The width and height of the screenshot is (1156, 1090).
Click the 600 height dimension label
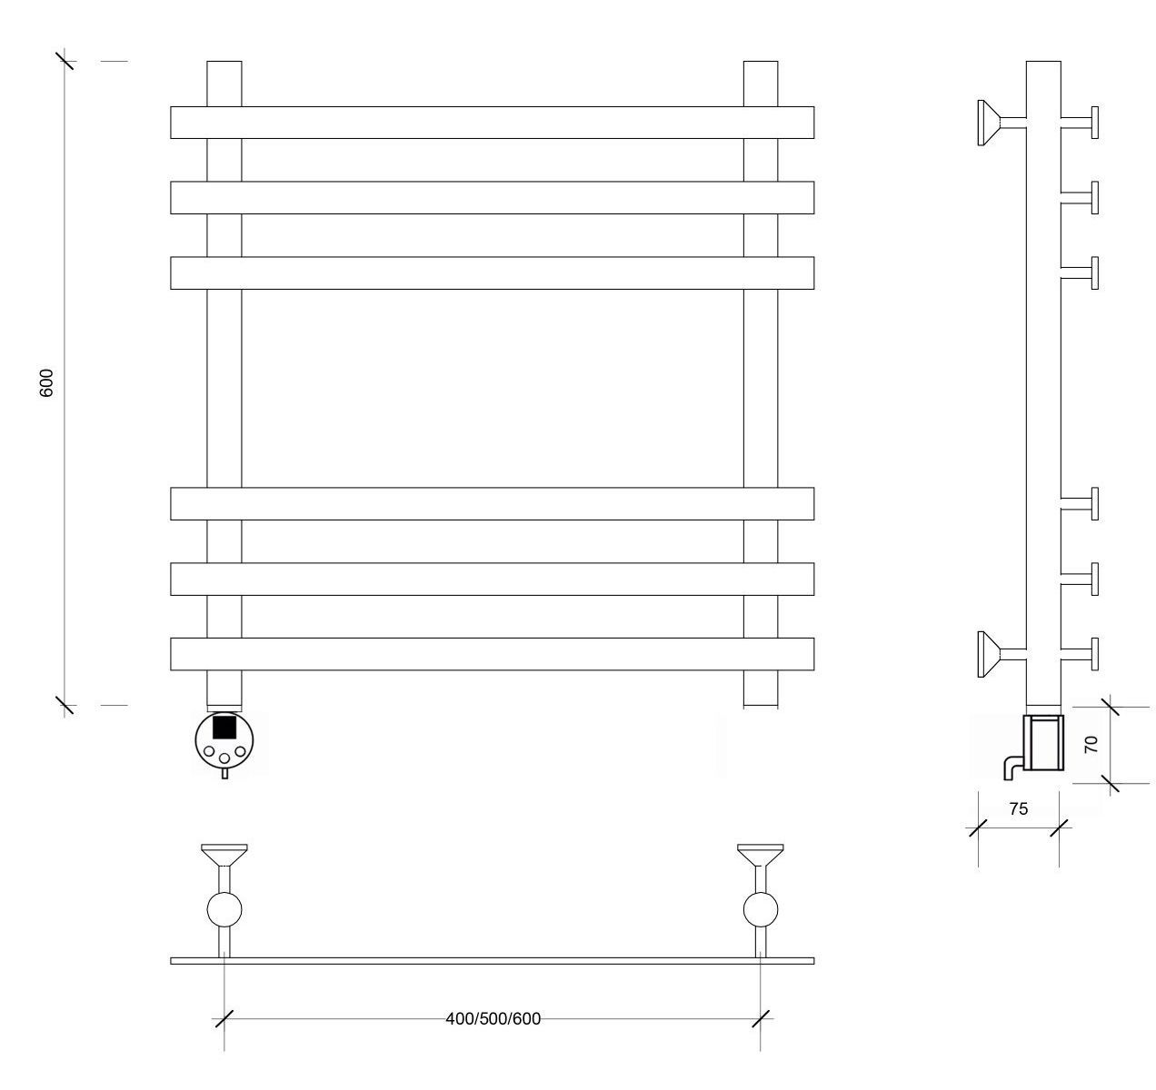[x=46, y=383]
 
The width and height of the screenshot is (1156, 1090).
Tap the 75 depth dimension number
[x=1019, y=809]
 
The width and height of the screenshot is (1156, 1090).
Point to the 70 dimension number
[x=1091, y=744]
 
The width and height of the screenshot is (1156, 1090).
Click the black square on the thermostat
[x=224, y=728]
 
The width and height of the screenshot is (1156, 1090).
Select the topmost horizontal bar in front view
[x=492, y=123]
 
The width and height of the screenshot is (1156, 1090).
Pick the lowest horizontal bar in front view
[x=492, y=654]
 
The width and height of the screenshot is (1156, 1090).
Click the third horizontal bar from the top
[x=492, y=272]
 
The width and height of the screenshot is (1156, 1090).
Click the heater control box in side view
[x=1043, y=742]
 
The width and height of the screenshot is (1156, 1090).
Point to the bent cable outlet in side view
[x=1012, y=767]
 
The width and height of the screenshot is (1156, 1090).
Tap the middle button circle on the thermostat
[x=224, y=758]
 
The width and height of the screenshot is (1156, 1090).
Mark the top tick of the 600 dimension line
[x=65, y=61]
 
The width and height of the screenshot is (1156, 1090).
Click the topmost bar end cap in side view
[x=1094, y=123]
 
